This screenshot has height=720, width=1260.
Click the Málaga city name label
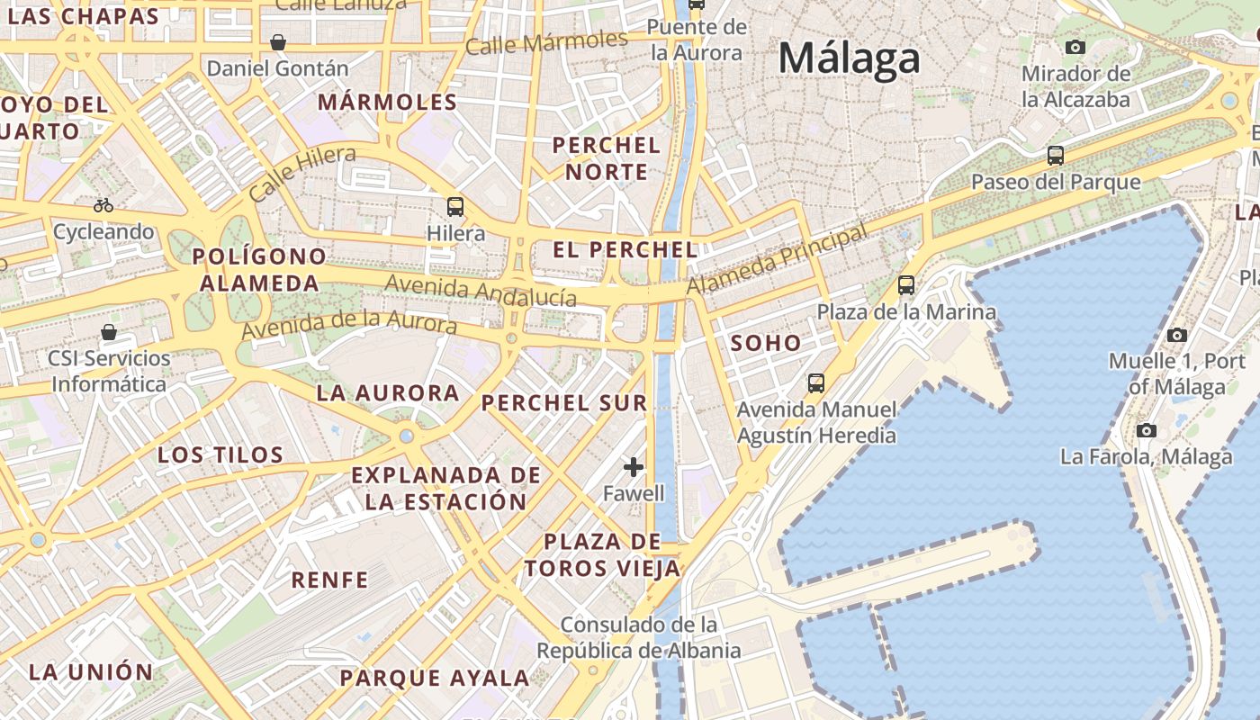pyautogui.click(x=849, y=59)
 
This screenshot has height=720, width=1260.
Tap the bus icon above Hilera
pyautogui.click(x=455, y=207)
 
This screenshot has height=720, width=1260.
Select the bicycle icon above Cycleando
pyautogui.click(x=103, y=205)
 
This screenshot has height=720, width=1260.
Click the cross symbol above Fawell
pyautogui.click(x=634, y=466)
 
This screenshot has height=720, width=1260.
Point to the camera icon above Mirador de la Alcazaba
pyautogui.click(x=1075, y=47)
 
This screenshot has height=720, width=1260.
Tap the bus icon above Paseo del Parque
pyautogui.click(x=1056, y=156)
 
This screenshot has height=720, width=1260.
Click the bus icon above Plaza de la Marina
pyautogui.click(x=906, y=285)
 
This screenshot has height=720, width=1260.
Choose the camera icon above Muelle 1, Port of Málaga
pyautogui.click(x=1176, y=336)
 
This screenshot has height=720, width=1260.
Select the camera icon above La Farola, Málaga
pyautogui.click(x=1146, y=430)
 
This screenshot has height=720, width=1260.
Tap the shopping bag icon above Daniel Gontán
pyautogui.click(x=278, y=42)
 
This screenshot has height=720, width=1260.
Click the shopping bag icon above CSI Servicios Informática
pyautogui.click(x=109, y=332)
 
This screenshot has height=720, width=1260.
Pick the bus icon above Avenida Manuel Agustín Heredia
pyautogui.click(x=816, y=383)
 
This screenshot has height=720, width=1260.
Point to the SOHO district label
pyautogui.click(x=766, y=343)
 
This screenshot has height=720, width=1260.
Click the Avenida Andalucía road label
pyautogui.click(x=481, y=291)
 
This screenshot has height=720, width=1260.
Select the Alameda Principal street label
pyautogui.click(x=778, y=258)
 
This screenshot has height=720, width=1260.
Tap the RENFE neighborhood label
pyautogui.click(x=329, y=580)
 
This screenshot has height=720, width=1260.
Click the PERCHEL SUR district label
pyautogui.click(x=564, y=403)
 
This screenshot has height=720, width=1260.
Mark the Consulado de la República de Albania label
pyautogui.click(x=639, y=637)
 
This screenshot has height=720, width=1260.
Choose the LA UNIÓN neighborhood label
pyautogui.click(x=91, y=672)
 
